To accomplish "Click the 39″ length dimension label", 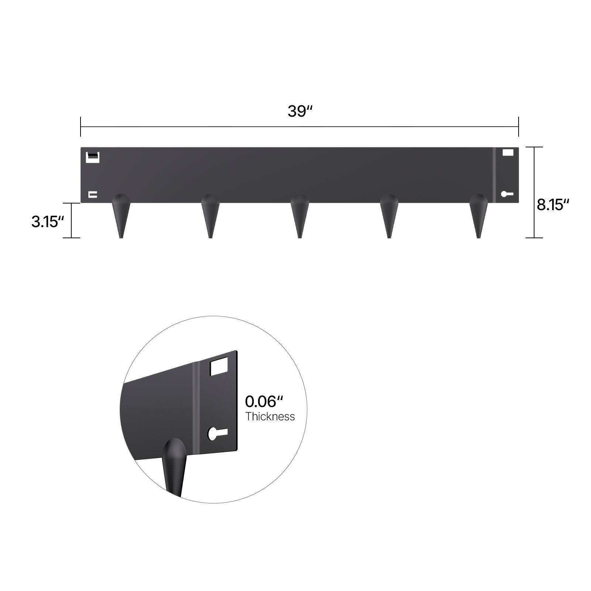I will pos(300,111).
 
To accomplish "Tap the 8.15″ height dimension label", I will pos(553,204).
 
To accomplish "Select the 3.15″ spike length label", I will pos(48,222).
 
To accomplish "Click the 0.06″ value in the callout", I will pos(264,402).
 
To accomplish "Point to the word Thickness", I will pos(270,417).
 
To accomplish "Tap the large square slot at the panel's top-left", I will pos(92,157).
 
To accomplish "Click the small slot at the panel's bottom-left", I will pos(93,194).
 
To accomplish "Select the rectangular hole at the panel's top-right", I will pos(508,152).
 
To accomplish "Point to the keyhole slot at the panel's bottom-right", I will pos(507,194).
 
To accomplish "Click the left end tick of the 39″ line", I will pos(81,127).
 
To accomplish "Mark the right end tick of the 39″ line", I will pos(519,127).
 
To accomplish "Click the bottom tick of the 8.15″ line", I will pos(534,238).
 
